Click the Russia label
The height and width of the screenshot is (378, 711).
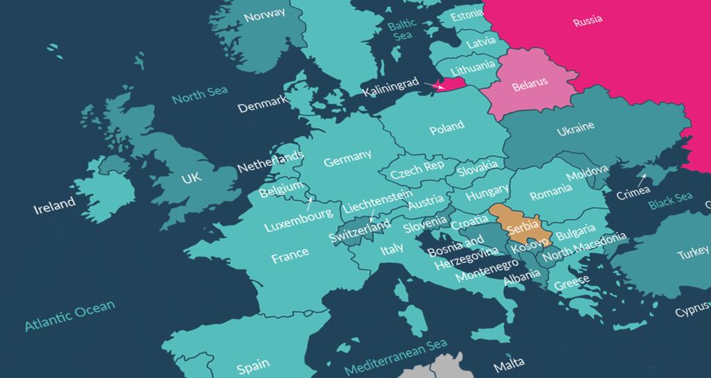pyautogui.click(x=587, y=23)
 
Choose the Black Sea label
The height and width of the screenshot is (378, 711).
pyautogui.click(x=670, y=201)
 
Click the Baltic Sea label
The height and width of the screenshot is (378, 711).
pyautogui.click(x=402, y=29)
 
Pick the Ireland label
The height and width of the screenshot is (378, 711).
pyautogui.click(x=55, y=204)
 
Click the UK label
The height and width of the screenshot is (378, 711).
pyautogui.click(x=191, y=178)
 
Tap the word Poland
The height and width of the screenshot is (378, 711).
pyautogui.click(x=446, y=128)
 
